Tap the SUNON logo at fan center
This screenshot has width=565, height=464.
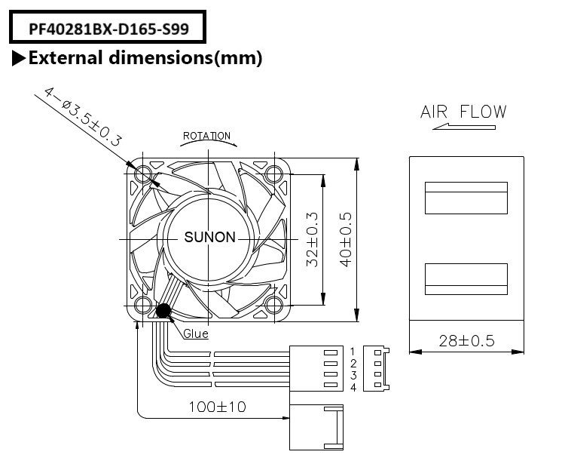tap(210, 238)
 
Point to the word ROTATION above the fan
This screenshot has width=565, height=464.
tap(207, 137)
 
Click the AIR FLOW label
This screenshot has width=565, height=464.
tap(463, 112)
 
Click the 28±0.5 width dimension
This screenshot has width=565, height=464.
tap(466, 340)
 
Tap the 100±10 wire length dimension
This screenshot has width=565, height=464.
tap(217, 407)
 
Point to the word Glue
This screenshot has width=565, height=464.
tap(196, 333)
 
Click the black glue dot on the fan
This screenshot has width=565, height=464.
tap(163, 310)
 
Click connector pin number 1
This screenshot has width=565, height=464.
tap(352, 352)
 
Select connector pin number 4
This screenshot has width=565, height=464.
tap(352, 387)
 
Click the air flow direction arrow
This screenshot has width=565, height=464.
tap(463, 128)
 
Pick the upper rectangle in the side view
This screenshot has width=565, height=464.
tap(466, 198)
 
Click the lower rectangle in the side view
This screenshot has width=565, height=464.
tap(466, 278)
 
